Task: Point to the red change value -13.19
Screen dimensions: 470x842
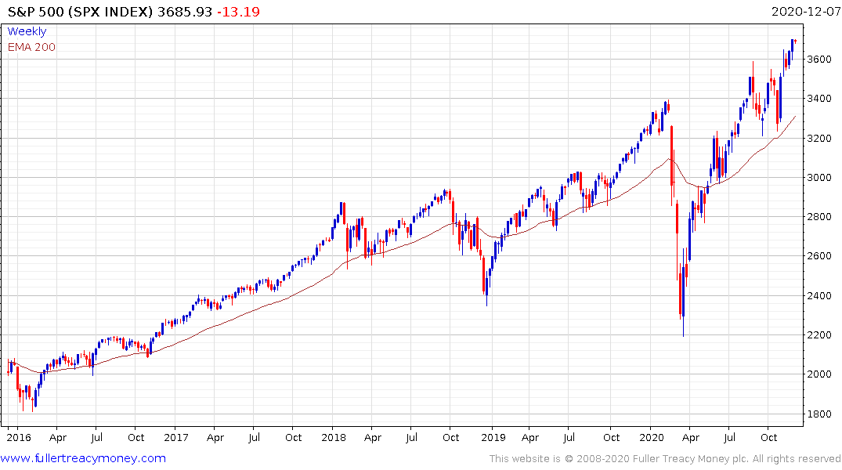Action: point(240,12)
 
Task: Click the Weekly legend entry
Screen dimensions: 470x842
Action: point(27,31)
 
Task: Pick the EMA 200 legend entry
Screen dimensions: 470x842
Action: point(31,47)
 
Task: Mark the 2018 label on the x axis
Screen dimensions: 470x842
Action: point(334,437)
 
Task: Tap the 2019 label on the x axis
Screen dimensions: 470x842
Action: point(493,437)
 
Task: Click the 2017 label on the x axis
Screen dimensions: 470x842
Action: point(175,437)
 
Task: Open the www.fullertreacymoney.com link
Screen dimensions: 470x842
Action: point(83,458)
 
